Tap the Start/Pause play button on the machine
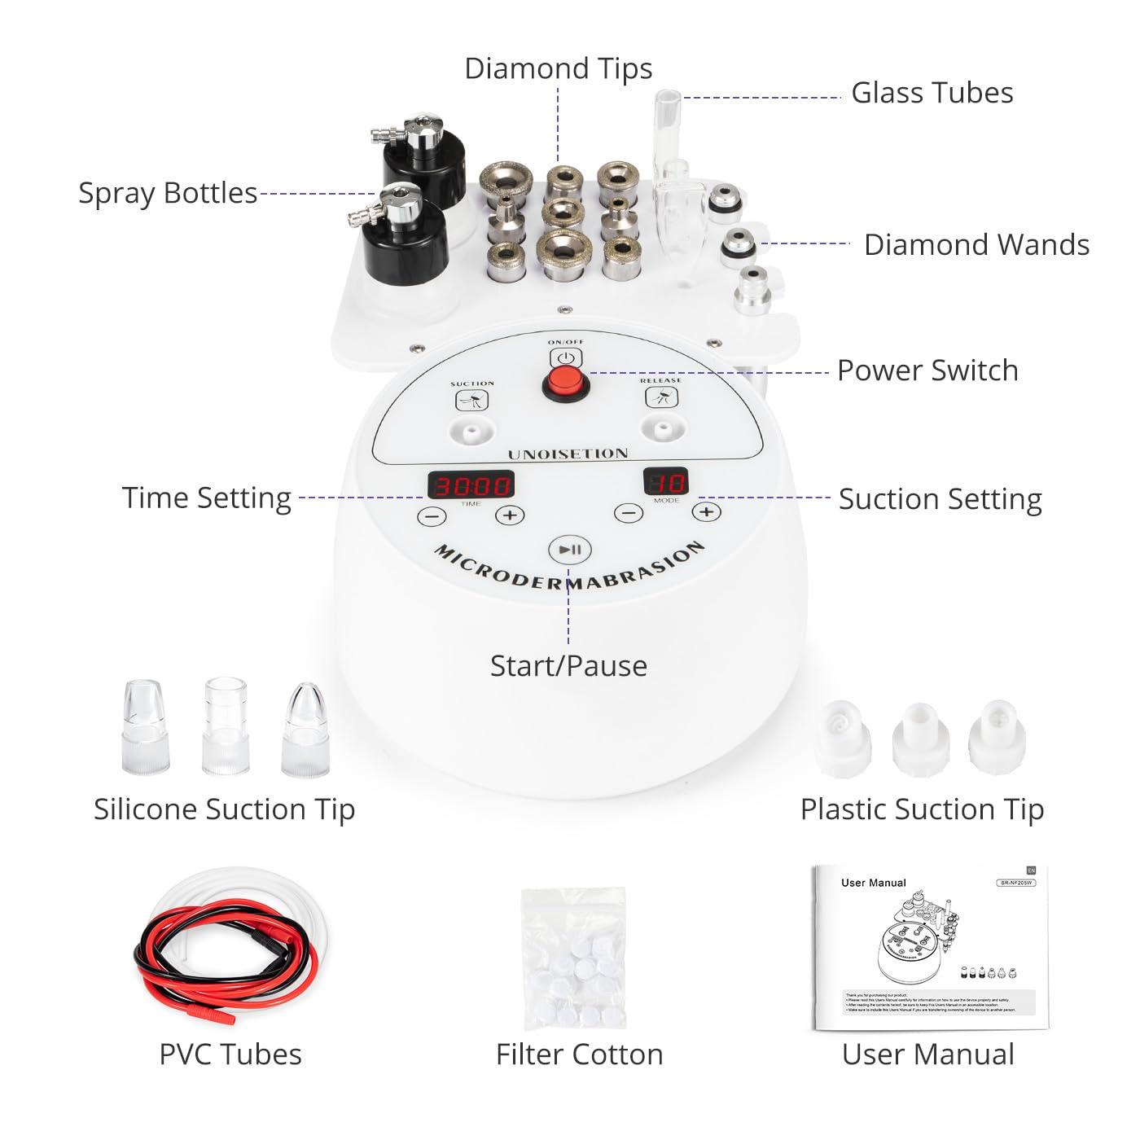point(569,550)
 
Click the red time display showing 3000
point(471,485)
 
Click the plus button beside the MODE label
point(707,512)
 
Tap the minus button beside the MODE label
point(627,513)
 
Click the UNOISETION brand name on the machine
point(568,454)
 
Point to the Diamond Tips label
point(559,68)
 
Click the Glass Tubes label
point(932,93)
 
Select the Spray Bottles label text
point(168,193)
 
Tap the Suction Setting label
point(940,499)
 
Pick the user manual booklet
point(928,949)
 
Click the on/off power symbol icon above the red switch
point(566,357)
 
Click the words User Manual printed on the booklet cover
point(873,883)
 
